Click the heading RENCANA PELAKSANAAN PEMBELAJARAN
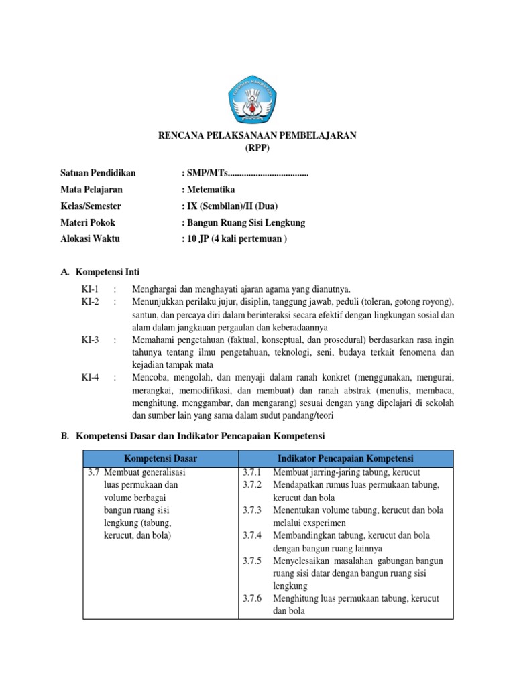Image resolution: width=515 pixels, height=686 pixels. [257, 135]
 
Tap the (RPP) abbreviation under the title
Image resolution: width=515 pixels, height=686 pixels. [257, 147]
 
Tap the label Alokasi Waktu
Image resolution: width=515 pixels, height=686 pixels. [89, 238]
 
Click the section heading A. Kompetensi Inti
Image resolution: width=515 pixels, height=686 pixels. [104, 273]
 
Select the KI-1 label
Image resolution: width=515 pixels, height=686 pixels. [90, 289]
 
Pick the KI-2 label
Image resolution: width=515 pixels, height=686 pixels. [90, 302]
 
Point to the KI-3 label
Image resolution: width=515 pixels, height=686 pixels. [90, 340]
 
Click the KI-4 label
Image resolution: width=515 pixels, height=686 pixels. [90, 378]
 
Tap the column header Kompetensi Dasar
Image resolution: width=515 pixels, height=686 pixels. [160, 458]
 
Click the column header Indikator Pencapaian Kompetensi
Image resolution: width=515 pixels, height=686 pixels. [346, 458]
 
